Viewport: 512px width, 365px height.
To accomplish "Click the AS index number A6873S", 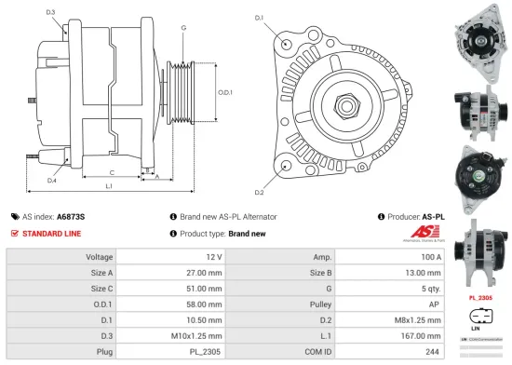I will click(71, 216).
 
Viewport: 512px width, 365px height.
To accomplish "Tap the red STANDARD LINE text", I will click(52, 234).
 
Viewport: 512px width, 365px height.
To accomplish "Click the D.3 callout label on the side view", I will click(50, 12).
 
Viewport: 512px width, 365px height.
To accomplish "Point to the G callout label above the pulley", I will click(183, 28).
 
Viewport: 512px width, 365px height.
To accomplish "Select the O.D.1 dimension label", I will click(225, 91).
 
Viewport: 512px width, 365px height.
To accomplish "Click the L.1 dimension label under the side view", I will click(110, 188).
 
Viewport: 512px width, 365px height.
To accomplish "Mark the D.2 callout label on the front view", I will click(259, 192).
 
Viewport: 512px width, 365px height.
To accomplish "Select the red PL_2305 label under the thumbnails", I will click(480, 297).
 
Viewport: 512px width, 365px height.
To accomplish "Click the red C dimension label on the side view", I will click(112, 173).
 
